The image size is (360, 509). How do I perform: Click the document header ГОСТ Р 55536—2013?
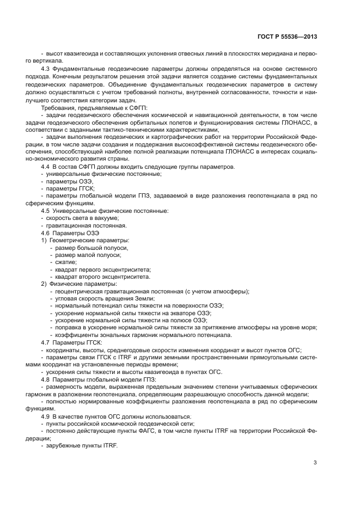[286, 37]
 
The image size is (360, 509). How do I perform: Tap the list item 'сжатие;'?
[66, 262]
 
